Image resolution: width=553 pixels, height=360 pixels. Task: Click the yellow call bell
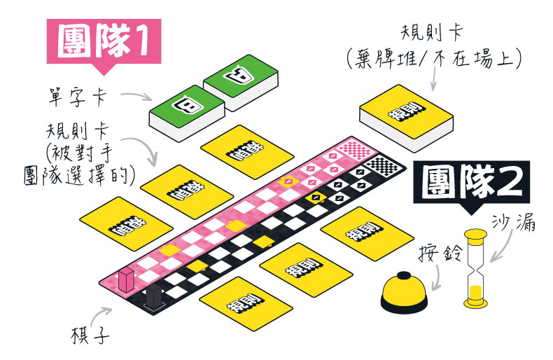pos(403,291)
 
